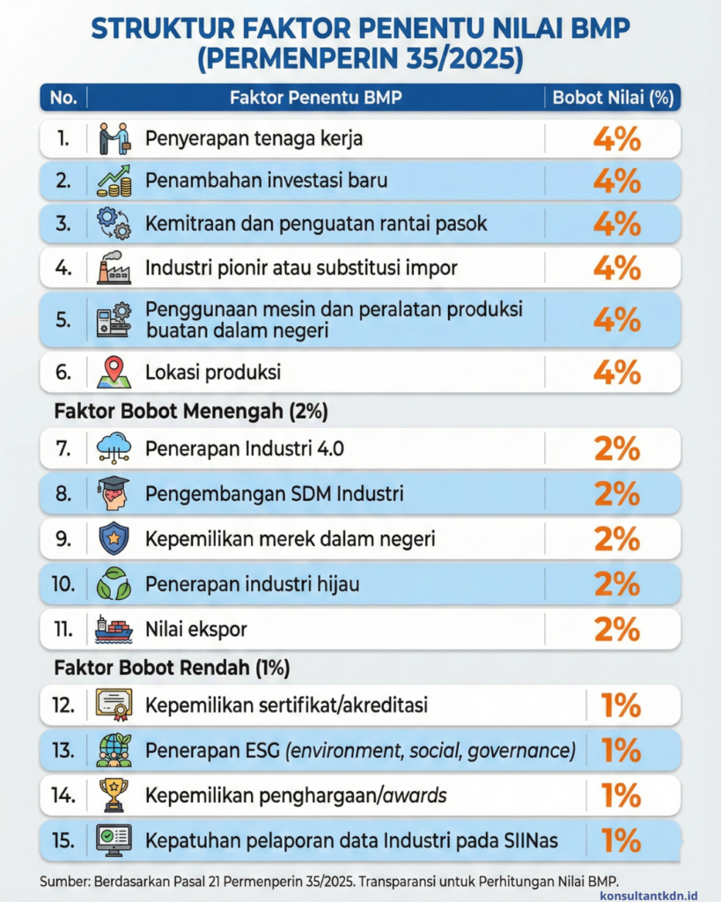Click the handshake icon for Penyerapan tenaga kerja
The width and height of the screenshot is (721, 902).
click(114, 139)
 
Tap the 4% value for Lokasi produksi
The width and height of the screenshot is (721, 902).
click(616, 372)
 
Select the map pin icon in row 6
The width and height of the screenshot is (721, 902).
click(114, 372)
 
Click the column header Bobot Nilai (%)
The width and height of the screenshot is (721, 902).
click(612, 98)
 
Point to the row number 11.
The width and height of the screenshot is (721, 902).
click(64, 629)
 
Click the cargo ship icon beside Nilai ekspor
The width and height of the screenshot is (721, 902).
click(114, 629)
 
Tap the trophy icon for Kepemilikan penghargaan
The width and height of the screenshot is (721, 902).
click(114, 795)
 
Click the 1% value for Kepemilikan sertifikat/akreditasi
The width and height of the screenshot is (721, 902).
click(621, 705)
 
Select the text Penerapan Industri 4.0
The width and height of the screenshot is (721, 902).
click(245, 449)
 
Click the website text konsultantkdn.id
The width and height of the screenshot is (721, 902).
click(649, 892)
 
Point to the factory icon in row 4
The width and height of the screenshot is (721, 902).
click(114, 267)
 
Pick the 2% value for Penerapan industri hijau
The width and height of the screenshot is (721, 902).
click(616, 583)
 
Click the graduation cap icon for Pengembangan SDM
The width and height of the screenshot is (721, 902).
click(114, 493)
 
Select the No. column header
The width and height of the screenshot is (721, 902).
click(63, 98)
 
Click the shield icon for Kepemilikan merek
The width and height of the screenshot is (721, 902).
click(114, 538)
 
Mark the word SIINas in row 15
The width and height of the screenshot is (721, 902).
click(529, 839)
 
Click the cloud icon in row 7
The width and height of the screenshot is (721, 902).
click(114, 448)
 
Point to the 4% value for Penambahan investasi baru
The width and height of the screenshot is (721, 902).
click(616, 181)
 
